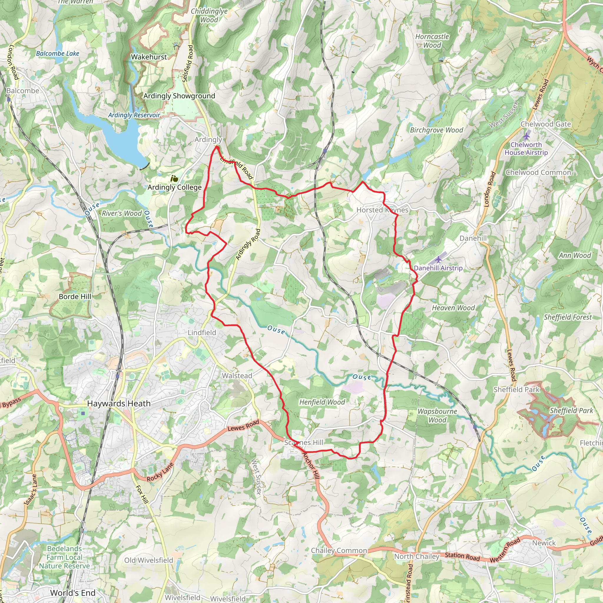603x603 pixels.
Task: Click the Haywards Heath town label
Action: point(119,404)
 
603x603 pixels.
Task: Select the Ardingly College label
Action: point(175,187)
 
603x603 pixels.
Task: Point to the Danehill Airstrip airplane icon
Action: point(438,259)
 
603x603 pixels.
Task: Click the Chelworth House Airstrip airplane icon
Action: point(526,136)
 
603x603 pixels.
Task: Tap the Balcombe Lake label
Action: point(57,54)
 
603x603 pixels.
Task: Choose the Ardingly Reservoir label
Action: point(134,115)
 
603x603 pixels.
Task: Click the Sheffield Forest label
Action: point(567,317)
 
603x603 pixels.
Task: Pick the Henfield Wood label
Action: point(322,402)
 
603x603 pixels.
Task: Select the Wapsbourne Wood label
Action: point(437,415)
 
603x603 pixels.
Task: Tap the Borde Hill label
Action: point(75,296)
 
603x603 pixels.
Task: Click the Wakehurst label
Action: point(149,57)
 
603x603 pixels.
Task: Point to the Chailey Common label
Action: point(339,551)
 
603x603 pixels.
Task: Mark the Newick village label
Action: point(544,543)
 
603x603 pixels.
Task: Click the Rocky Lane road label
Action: point(160,472)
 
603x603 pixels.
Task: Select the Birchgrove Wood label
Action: point(436,130)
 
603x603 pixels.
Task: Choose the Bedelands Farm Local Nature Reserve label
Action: point(64,557)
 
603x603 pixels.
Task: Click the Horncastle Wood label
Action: point(432,41)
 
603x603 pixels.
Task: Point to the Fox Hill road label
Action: point(142,494)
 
